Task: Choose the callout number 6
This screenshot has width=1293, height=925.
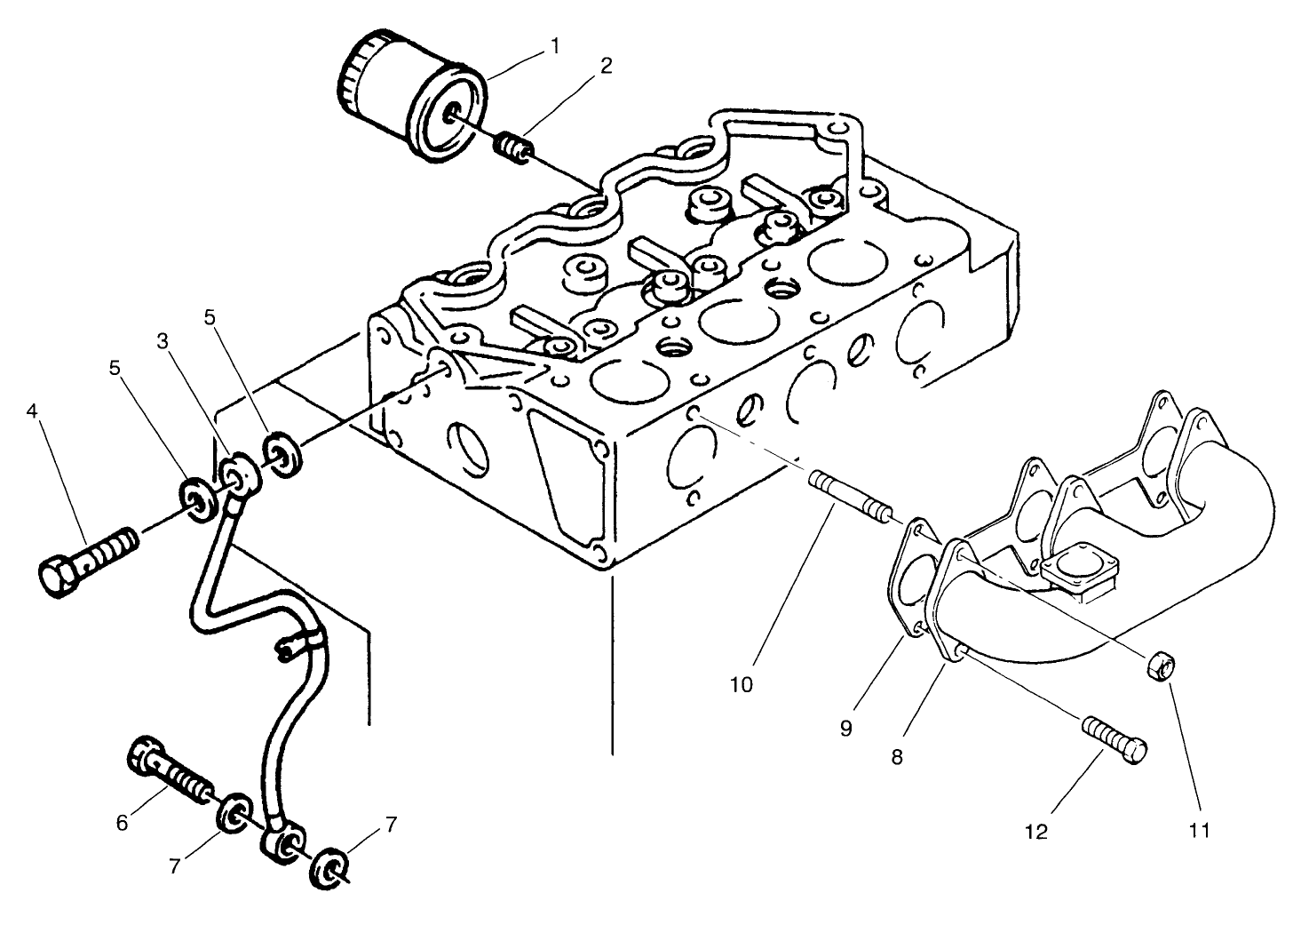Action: [122, 823]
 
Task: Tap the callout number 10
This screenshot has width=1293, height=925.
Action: [742, 684]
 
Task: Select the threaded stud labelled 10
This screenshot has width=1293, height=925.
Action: [848, 499]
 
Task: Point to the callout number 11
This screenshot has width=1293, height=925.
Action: [1200, 831]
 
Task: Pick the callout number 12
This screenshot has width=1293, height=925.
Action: [1036, 831]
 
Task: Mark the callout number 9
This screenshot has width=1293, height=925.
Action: [845, 729]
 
